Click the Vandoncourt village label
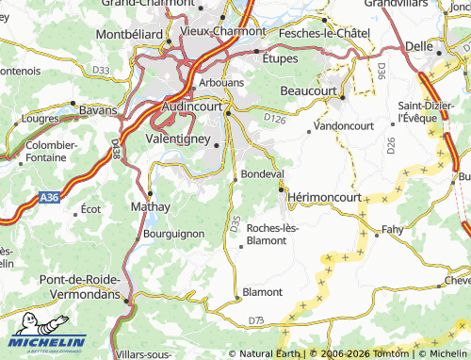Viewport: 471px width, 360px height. point(344,125)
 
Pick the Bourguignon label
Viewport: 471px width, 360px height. point(172,233)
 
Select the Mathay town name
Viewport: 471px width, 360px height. point(150,206)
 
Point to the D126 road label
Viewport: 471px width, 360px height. point(274,118)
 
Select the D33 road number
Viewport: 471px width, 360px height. point(101,70)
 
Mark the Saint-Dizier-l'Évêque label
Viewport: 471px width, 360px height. point(427,111)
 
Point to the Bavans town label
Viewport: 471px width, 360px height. point(97,110)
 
